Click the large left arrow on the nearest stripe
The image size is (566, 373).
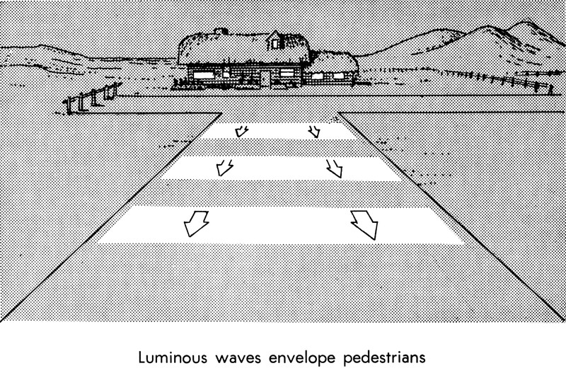point(195,223)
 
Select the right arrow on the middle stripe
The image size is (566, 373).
point(333,168)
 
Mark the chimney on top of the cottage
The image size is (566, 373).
point(221,32)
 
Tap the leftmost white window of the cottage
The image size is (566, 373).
point(203,74)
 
